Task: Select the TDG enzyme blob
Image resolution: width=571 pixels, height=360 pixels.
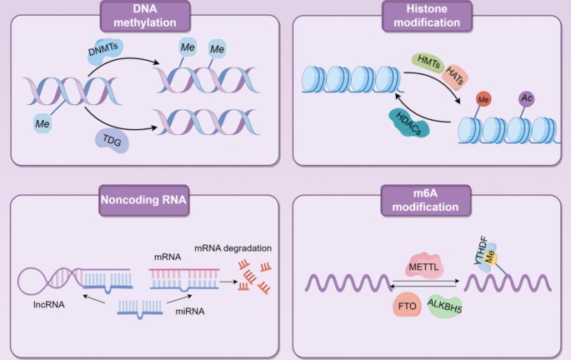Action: pyautogui.click(x=113, y=140)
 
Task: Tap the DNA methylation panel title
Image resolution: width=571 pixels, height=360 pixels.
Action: pyautogui.click(x=145, y=16)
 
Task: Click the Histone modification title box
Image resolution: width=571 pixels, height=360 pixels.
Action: pyautogui.click(x=427, y=16)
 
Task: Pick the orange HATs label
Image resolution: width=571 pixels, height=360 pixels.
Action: pyautogui.click(x=455, y=76)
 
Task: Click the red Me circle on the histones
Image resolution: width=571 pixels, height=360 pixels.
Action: pyautogui.click(x=483, y=99)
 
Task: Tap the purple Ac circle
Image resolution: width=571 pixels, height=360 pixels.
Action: pyautogui.click(x=526, y=98)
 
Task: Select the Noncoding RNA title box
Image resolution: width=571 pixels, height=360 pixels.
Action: pyautogui.click(x=143, y=200)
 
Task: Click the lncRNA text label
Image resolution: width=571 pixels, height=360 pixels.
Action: pyautogui.click(x=49, y=304)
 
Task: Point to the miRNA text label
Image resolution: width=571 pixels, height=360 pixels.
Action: pyautogui.click(x=190, y=311)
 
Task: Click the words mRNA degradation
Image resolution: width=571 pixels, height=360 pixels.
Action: pyautogui.click(x=233, y=248)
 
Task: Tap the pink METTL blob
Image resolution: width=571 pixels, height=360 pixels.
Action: pyautogui.click(x=423, y=266)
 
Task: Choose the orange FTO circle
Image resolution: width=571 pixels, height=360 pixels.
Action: pyautogui.click(x=407, y=306)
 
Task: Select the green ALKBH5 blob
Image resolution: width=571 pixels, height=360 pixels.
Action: pyautogui.click(x=444, y=306)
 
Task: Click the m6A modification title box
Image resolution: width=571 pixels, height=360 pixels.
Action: pyautogui.click(x=426, y=200)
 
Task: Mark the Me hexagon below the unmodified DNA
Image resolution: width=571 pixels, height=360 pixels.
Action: pyautogui.click(x=43, y=124)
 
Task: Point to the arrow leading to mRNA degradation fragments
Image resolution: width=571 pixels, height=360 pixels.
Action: pyautogui.click(x=228, y=282)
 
